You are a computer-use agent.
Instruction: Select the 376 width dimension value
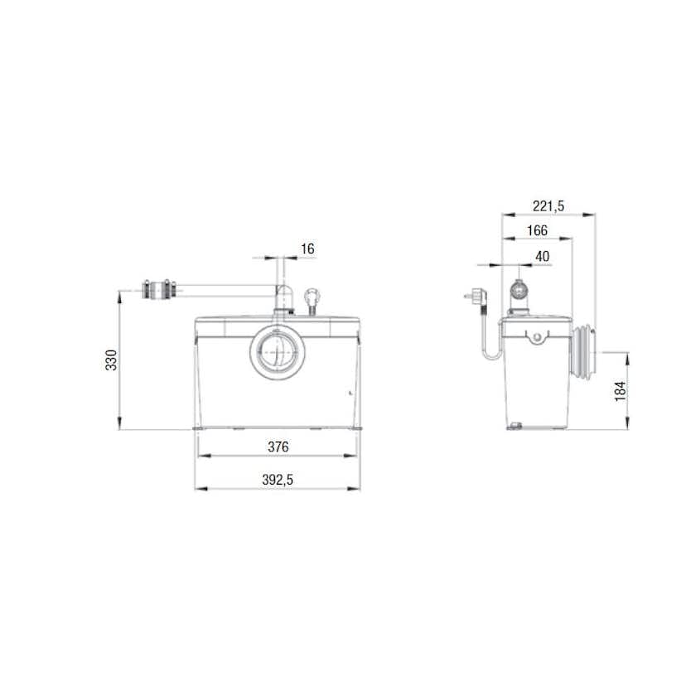278,447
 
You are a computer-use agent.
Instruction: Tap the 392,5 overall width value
278,480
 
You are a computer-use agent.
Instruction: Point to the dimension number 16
307,249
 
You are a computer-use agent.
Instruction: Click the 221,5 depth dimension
548,206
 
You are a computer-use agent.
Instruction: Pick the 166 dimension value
536,231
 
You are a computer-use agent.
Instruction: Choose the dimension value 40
542,257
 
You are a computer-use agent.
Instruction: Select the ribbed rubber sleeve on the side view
587,353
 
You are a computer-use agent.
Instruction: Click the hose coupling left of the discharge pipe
159,290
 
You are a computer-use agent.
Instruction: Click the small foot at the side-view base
514,427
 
